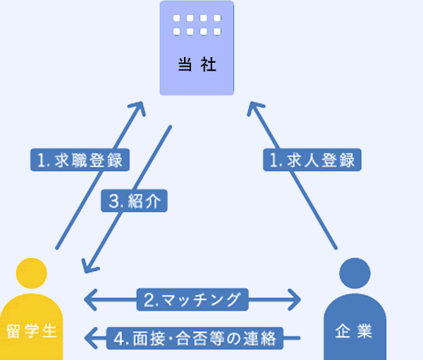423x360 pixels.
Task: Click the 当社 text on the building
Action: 196,66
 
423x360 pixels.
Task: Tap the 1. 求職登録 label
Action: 80,159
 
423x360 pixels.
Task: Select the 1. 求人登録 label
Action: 312,159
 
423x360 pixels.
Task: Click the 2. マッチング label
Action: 192,300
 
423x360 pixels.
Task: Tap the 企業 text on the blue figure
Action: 355,330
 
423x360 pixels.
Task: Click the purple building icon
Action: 196,48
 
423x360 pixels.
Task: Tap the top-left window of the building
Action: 177,18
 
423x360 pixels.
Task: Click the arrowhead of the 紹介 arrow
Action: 87,266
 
